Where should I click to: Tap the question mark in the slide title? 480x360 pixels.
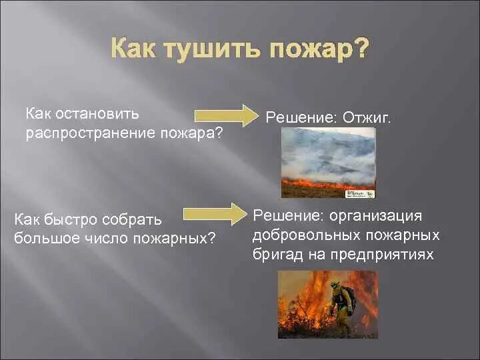point(357,48)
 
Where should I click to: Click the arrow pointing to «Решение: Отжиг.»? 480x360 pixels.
point(226,115)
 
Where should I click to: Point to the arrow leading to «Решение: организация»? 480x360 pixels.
point(215,214)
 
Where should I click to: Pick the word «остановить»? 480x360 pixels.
point(97,114)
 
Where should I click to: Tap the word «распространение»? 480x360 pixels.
point(91,135)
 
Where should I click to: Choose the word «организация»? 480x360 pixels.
point(375,216)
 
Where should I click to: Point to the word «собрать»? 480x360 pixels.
point(131,220)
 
